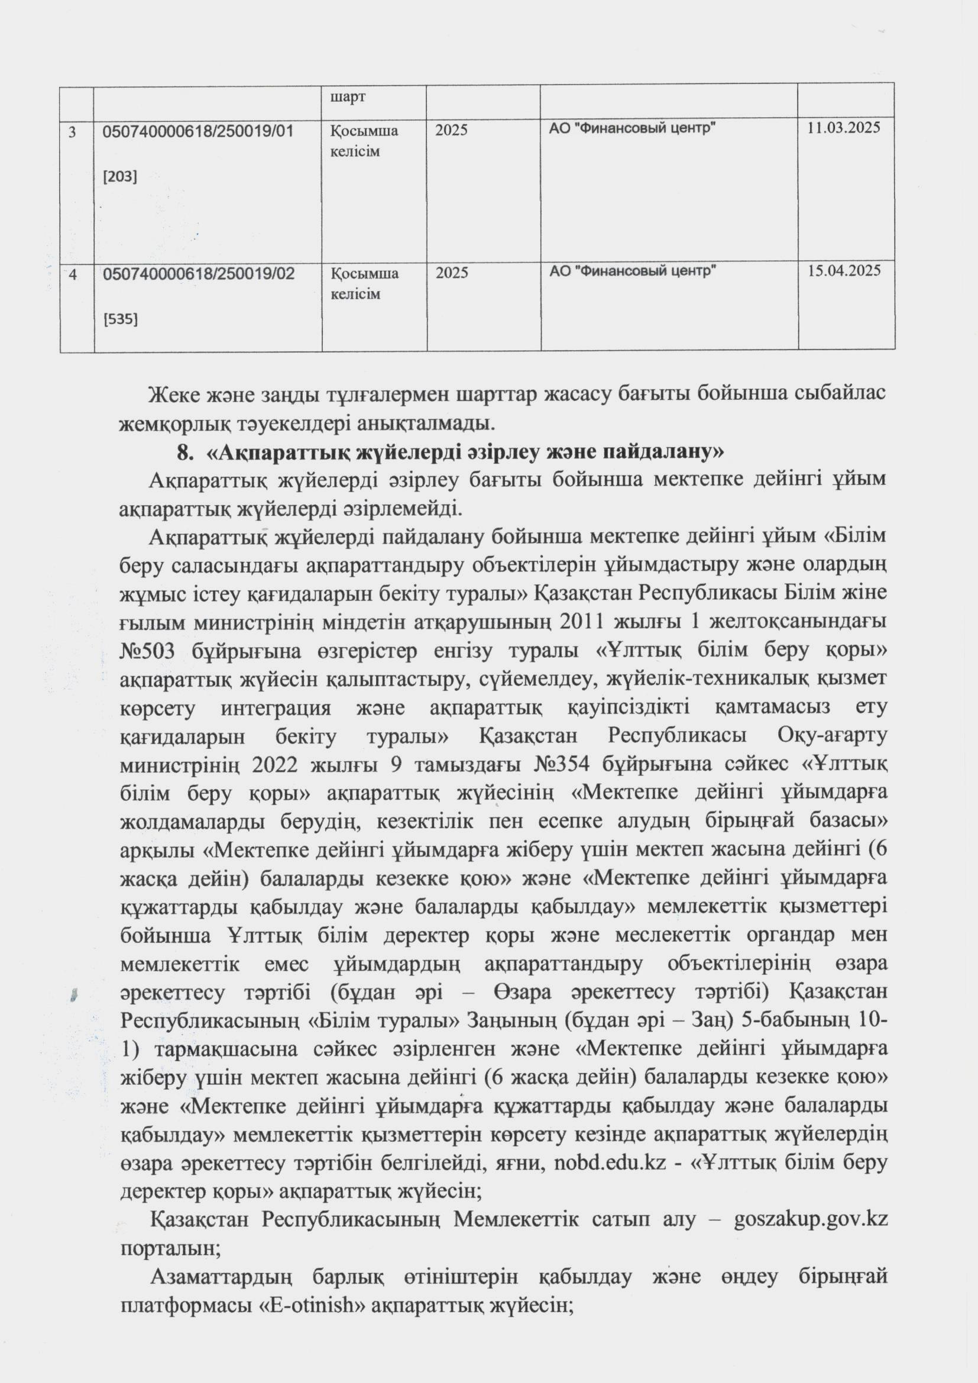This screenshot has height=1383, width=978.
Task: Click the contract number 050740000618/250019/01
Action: [x=199, y=130]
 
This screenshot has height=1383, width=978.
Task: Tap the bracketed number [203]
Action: [x=121, y=176]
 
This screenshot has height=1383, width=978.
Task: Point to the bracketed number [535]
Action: [x=121, y=319]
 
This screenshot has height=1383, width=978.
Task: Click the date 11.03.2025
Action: [x=844, y=127]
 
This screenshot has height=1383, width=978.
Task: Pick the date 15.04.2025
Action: [x=844, y=270]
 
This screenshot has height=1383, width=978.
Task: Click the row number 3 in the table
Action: [x=73, y=131]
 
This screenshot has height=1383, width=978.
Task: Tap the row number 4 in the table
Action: [x=73, y=274]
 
